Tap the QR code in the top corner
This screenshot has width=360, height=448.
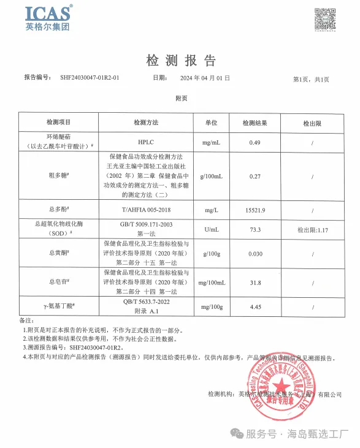coord(325,20)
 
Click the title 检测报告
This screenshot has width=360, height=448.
coord(181,60)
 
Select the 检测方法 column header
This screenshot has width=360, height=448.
coord(146,123)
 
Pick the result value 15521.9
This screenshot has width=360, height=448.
coord(255,210)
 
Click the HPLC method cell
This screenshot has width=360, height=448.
coord(146,142)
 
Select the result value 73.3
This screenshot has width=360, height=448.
coord(255,229)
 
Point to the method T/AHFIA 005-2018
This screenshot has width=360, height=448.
coord(146,210)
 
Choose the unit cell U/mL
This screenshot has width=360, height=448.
coord(211,229)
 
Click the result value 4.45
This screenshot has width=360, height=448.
coord(255,306)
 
